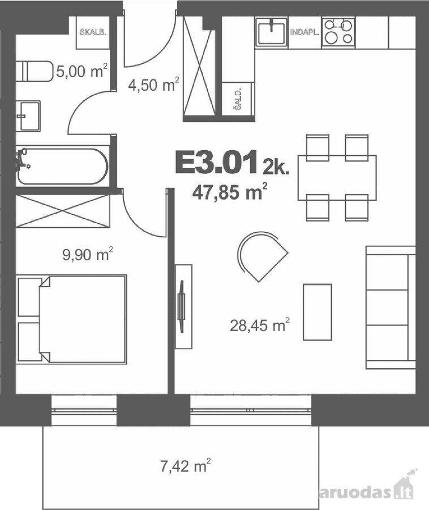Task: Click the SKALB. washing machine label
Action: [x=93, y=32]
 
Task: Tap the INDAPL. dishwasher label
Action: [x=304, y=32]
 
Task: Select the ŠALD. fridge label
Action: [x=239, y=99]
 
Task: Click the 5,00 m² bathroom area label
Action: [x=81, y=71]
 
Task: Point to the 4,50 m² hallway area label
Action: [x=153, y=84]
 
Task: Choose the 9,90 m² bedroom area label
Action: [x=88, y=254]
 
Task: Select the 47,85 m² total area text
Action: [x=230, y=192]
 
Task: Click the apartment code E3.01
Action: [x=217, y=162]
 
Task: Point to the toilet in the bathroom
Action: [x=34, y=71]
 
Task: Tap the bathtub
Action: [x=62, y=167]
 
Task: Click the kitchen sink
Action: [x=272, y=31]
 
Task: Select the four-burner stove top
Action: [x=338, y=32]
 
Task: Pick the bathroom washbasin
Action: [x=28, y=116]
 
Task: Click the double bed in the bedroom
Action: [x=71, y=318]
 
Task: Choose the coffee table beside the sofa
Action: [x=318, y=312]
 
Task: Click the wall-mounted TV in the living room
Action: [x=182, y=307]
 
